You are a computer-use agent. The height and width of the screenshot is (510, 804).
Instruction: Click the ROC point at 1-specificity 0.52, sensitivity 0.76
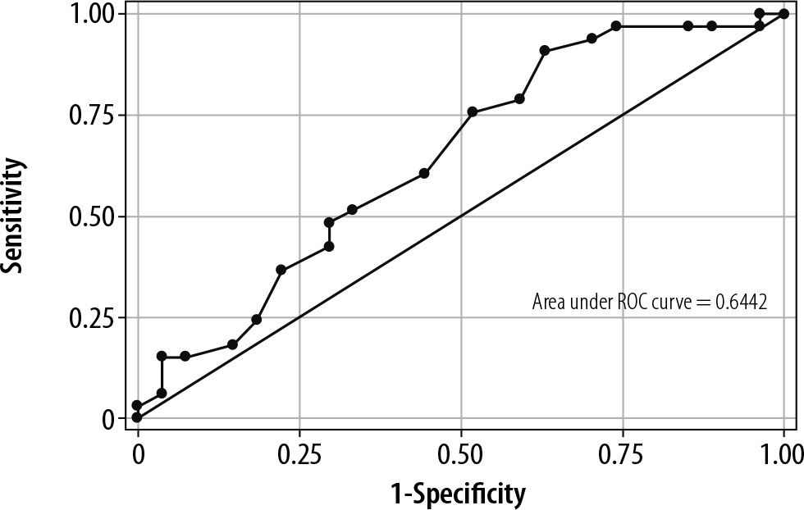tap(472, 112)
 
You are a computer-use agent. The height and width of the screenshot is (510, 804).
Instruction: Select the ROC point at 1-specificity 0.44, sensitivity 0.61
tap(424, 173)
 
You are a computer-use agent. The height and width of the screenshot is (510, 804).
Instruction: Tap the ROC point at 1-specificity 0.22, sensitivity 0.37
tap(281, 270)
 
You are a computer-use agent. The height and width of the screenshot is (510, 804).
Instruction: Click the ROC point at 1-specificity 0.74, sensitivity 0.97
tap(615, 26)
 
